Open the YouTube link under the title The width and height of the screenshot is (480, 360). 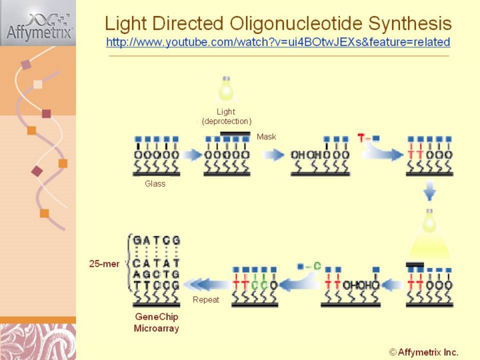[x=277, y=42]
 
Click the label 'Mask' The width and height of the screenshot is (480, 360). [x=266, y=137]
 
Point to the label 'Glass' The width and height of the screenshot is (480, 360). [x=155, y=183]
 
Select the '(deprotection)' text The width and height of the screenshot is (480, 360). [x=226, y=121]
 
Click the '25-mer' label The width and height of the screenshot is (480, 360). [x=105, y=263]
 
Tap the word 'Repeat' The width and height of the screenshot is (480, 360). [x=206, y=300]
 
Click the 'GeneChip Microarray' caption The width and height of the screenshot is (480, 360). [x=157, y=322]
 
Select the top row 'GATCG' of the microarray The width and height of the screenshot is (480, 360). [x=157, y=240]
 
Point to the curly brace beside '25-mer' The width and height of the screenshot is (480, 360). [x=127, y=263]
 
